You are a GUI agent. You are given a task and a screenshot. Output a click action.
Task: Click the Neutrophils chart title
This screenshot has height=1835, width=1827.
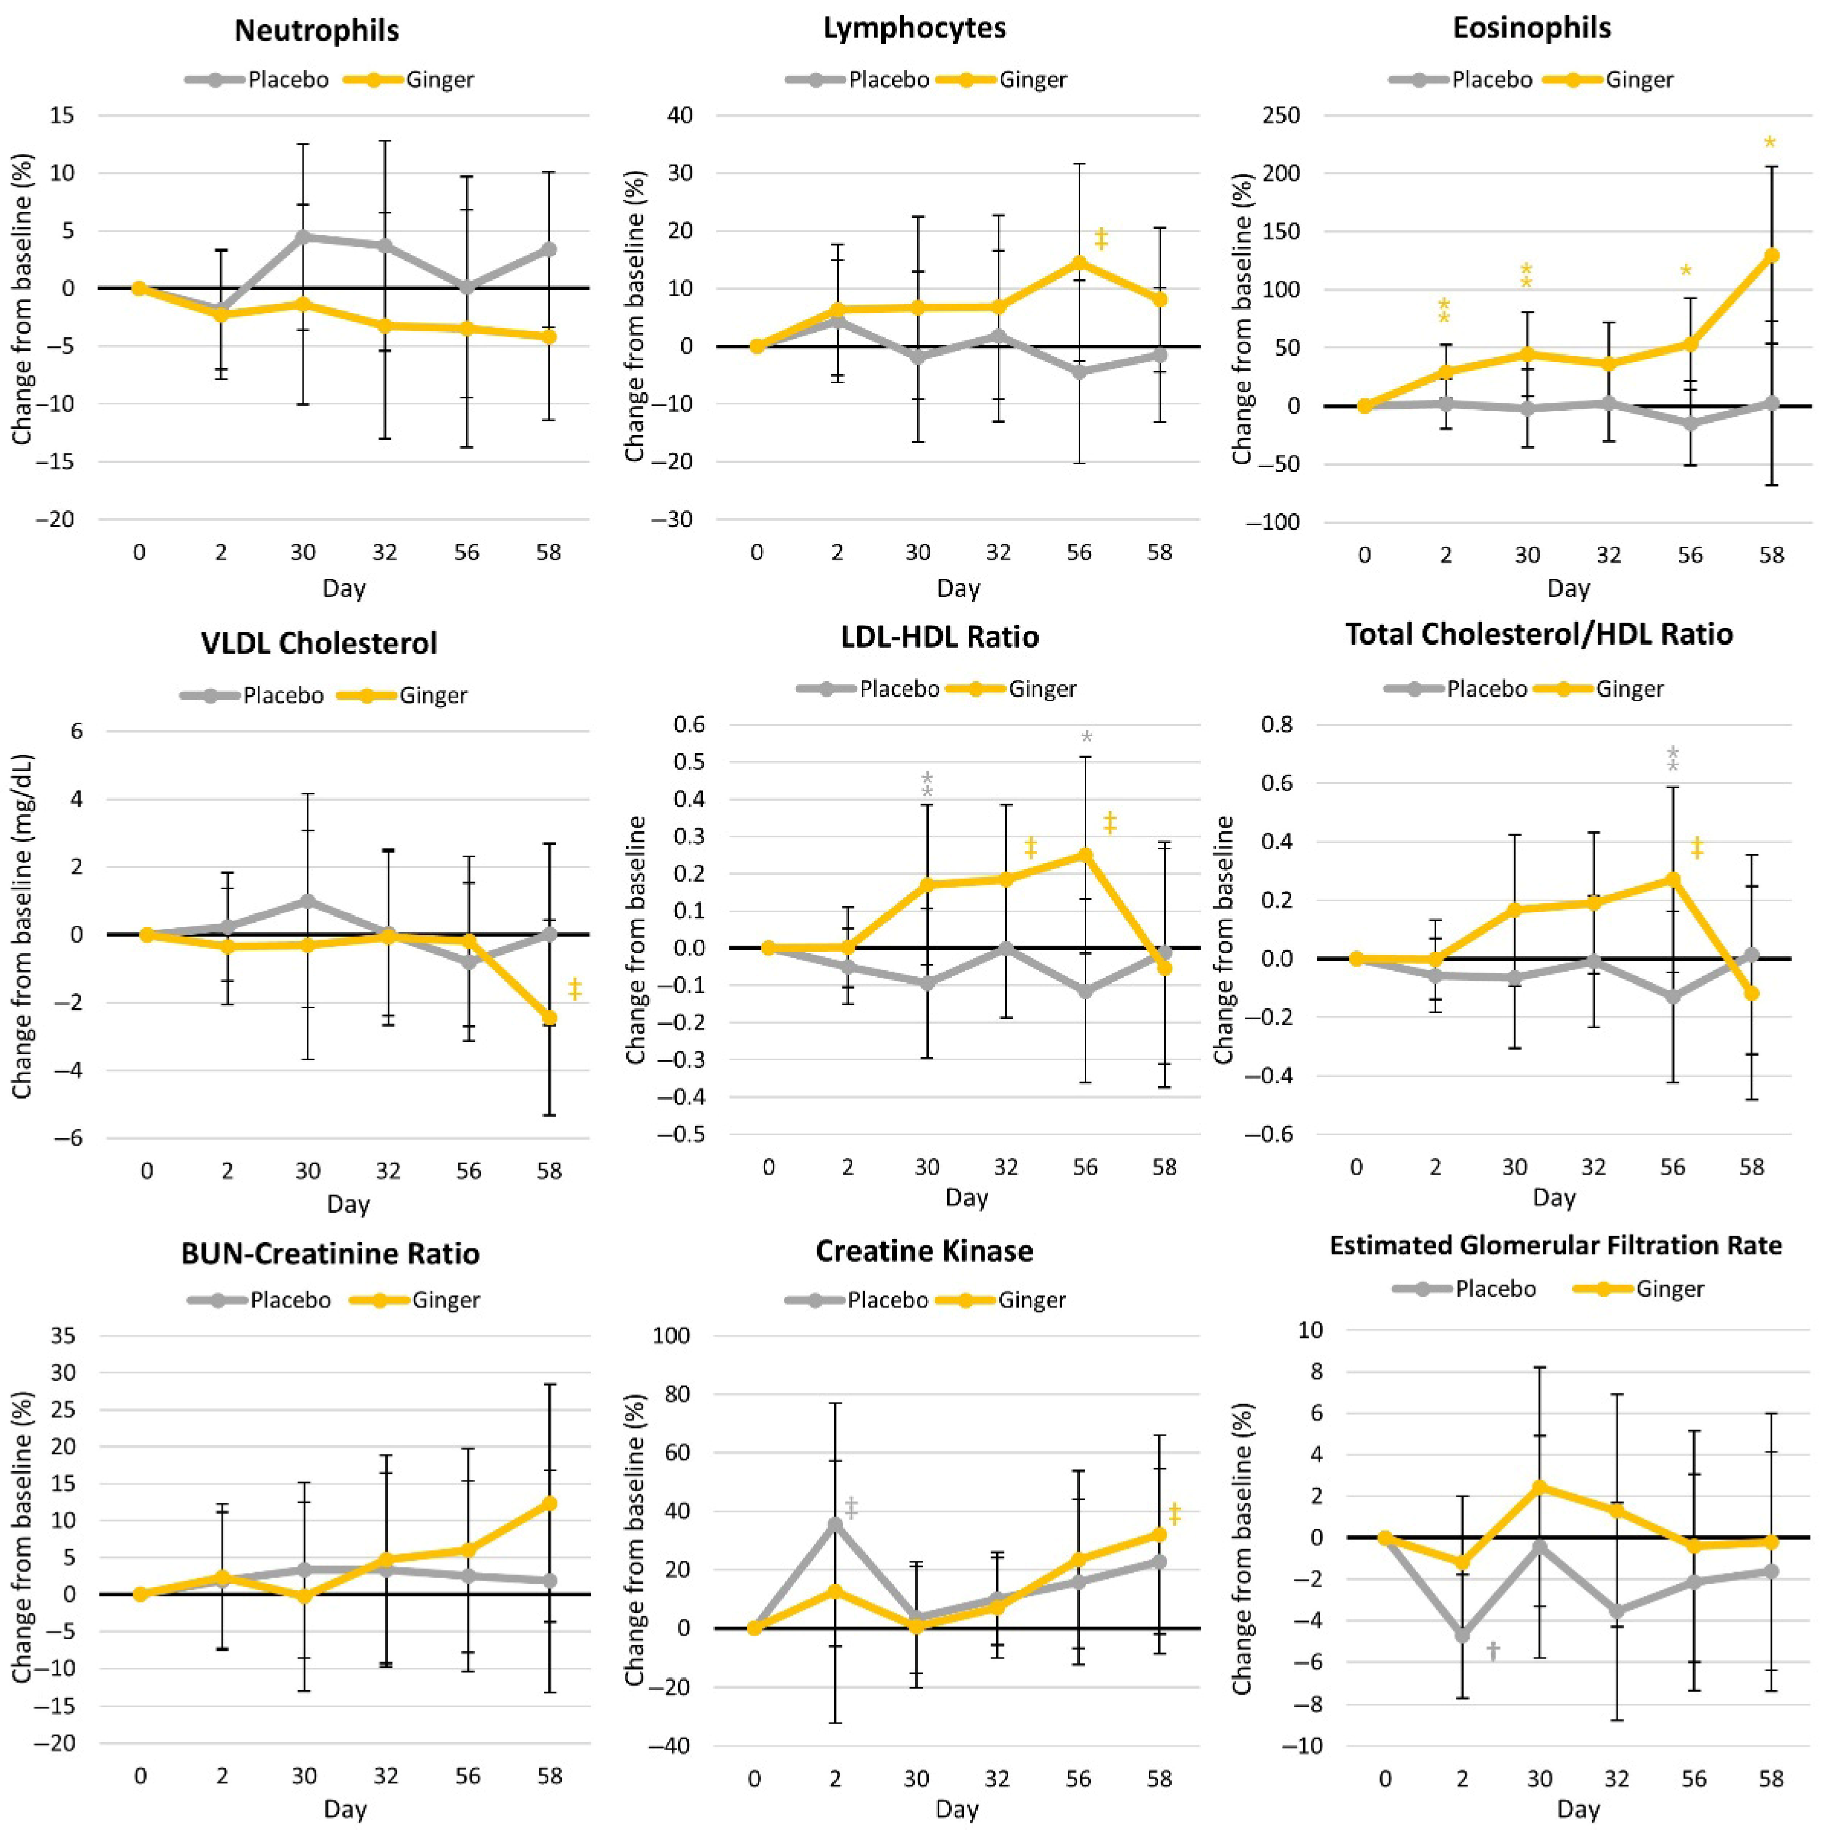[317, 30]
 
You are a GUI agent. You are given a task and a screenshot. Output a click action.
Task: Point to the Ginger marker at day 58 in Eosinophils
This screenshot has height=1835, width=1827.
[1771, 256]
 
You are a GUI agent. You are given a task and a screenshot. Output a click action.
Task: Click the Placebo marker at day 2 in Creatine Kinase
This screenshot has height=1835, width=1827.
[836, 1524]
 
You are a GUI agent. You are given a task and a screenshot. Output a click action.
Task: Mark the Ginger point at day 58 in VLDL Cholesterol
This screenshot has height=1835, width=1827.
[550, 1017]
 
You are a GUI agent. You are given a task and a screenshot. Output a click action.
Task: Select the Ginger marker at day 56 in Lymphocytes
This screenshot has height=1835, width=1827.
[1079, 263]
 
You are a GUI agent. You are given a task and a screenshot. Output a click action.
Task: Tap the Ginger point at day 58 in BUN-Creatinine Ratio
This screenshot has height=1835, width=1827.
[550, 1504]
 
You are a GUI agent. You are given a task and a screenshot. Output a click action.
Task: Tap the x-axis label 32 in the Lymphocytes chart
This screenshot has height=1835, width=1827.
[998, 552]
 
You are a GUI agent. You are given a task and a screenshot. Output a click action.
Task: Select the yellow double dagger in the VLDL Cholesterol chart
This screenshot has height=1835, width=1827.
[574, 990]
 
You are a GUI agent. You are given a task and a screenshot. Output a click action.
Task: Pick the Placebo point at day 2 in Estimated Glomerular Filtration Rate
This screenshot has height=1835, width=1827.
[1461, 1635]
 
